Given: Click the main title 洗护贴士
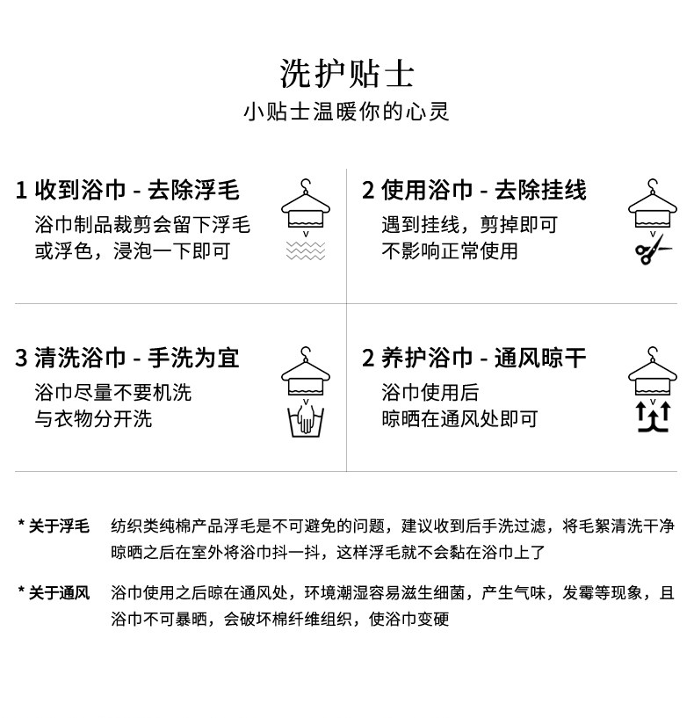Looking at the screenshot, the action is click(346, 74).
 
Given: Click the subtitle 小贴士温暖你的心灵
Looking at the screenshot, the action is click(346, 112).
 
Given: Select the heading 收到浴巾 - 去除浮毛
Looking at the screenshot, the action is click(127, 191).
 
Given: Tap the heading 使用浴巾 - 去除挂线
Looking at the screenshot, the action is click(474, 191).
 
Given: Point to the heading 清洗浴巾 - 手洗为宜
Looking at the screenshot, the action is click(127, 358).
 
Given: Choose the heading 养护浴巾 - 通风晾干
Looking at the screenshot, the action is click(474, 358).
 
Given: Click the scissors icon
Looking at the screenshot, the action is click(653, 253).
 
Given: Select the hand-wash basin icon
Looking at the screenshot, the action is click(306, 420).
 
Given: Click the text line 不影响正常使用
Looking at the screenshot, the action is click(449, 251).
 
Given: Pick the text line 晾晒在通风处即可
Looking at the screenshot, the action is click(459, 418).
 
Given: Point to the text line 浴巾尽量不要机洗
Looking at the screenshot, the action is click(112, 392).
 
